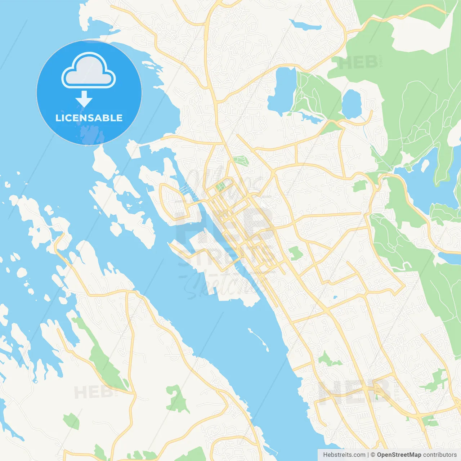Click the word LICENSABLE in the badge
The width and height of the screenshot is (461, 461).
click(89, 118)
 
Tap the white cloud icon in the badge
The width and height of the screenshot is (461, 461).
click(89, 71)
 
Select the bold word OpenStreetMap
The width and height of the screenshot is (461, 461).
click(399, 455)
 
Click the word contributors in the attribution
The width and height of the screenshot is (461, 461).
click(440, 455)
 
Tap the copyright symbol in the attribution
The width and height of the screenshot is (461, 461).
click(373, 455)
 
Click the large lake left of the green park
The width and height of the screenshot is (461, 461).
click(283, 90)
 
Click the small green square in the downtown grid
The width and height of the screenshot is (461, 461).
click(220, 187)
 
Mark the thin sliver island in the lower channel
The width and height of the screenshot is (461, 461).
click(259, 339)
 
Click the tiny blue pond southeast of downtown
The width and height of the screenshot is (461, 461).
click(335, 297)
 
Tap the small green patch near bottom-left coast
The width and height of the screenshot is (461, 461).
click(71, 421)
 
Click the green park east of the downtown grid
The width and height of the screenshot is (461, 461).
click(296, 253)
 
